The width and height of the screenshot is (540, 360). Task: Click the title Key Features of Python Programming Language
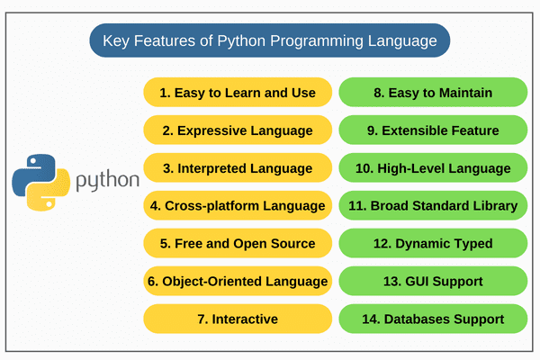coord(270,40)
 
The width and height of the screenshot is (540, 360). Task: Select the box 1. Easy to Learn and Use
coord(238,93)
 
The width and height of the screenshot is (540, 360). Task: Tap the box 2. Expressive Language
coord(238,130)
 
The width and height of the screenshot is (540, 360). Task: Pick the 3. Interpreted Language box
coord(238,168)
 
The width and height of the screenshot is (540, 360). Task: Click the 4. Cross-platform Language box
coord(238,206)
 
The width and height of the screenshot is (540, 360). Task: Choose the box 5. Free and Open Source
coord(238,243)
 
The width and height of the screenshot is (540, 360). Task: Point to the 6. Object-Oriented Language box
coord(238,281)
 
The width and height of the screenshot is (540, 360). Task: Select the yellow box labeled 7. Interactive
coord(238,319)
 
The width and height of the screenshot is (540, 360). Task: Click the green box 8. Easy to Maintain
coord(433,93)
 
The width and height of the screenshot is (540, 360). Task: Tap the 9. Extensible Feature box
coord(433,130)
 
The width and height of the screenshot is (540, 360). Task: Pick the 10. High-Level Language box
coord(433,168)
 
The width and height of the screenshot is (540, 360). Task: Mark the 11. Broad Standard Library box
coord(433,206)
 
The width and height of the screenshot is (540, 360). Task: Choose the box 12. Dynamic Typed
coord(433,243)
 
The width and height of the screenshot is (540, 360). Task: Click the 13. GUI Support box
coord(433,281)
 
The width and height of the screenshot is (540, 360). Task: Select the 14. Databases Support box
coord(433,319)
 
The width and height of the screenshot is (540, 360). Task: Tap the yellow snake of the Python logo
coord(50,191)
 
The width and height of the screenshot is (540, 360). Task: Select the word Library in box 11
coord(494,206)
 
